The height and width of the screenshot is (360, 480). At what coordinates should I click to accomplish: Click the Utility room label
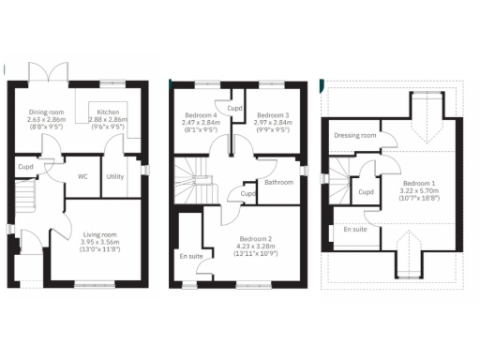pyautogui.click(x=115, y=175)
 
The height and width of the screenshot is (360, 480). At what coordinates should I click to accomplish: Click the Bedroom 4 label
pyautogui.click(x=200, y=116)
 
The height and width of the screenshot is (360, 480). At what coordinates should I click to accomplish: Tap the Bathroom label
pyautogui.click(x=278, y=182)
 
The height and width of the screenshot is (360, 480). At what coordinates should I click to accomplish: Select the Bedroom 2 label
pyautogui.click(x=255, y=238)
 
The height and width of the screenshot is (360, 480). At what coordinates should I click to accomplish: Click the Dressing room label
pyautogui.click(x=355, y=136)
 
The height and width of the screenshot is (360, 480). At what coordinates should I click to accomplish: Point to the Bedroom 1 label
pyautogui.click(x=422, y=184)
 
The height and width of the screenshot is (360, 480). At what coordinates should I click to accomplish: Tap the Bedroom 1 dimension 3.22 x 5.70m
pyautogui.click(x=422, y=192)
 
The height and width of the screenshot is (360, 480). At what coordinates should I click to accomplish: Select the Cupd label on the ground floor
pyautogui.click(x=25, y=169)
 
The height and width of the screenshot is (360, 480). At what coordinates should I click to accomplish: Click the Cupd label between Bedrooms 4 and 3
pyautogui.click(x=234, y=108)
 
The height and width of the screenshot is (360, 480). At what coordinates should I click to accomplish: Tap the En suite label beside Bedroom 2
pyautogui.click(x=191, y=255)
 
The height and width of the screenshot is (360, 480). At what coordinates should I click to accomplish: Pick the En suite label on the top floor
pyautogui.click(x=355, y=229)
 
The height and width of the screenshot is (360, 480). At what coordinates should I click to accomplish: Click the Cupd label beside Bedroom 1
pyautogui.click(x=367, y=192)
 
